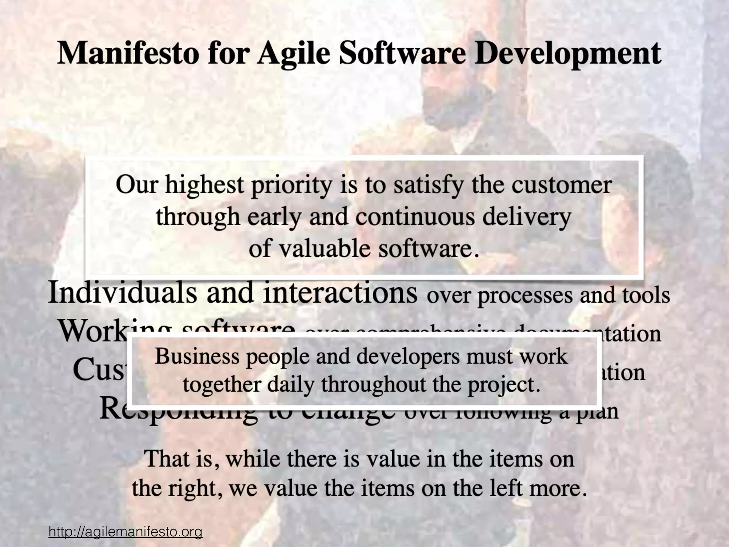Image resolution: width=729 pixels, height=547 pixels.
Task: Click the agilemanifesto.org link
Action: pyautogui.click(x=126, y=532)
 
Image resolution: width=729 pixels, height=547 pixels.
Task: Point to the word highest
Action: pyautogui.click(x=204, y=186)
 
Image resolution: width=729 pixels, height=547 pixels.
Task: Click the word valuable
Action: pyautogui.click(x=324, y=248)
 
